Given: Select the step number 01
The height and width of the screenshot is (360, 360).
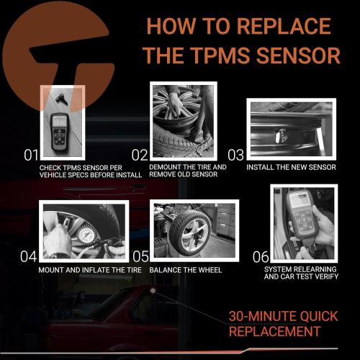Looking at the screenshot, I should (30, 154).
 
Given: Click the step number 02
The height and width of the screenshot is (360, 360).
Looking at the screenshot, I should (139, 154).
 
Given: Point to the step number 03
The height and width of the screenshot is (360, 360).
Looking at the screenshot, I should (236, 154).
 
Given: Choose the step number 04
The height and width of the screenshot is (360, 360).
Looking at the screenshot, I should (28, 256).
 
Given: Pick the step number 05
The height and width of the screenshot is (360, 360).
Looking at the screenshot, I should (140, 256).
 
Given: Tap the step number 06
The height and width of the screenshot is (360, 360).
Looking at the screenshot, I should (261, 256).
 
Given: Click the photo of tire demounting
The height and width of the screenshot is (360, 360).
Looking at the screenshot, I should (182, 120).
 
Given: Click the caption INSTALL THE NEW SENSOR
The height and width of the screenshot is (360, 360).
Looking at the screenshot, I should (290, 166).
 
